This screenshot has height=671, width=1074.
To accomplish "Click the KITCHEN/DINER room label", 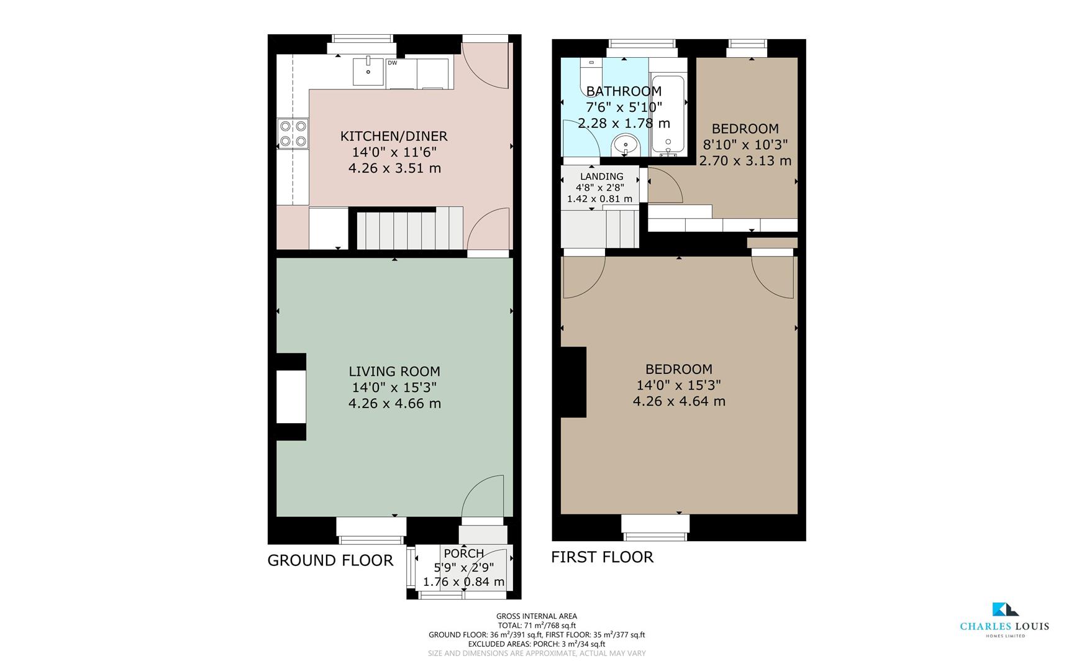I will (394, 136).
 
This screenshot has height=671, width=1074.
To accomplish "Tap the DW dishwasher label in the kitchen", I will (392, 63).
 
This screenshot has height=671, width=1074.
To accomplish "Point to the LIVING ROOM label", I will (394, 372).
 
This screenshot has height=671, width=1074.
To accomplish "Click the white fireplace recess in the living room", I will (291, 397).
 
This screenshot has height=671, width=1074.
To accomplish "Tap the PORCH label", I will (463, 553).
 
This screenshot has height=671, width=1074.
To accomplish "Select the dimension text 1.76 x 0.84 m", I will (463, 582).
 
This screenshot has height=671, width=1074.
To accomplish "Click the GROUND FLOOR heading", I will (330, 560).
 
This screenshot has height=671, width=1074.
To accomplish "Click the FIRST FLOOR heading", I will (602, 557).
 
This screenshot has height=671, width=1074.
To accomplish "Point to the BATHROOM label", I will (623, 91).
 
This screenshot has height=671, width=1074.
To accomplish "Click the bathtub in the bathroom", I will (668, 115).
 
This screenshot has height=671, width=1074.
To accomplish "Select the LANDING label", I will (601, 176).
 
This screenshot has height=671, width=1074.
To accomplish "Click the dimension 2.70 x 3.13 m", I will (745, 161).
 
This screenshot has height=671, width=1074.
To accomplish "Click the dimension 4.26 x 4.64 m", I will (678, 401).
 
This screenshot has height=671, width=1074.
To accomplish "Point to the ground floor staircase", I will (409, 229).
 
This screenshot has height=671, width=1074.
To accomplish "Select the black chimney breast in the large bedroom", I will (574, 381).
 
